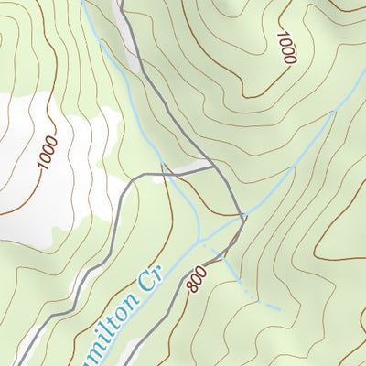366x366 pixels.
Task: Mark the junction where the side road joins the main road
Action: coord(213,167)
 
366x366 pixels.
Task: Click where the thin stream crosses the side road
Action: coord(165,172)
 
